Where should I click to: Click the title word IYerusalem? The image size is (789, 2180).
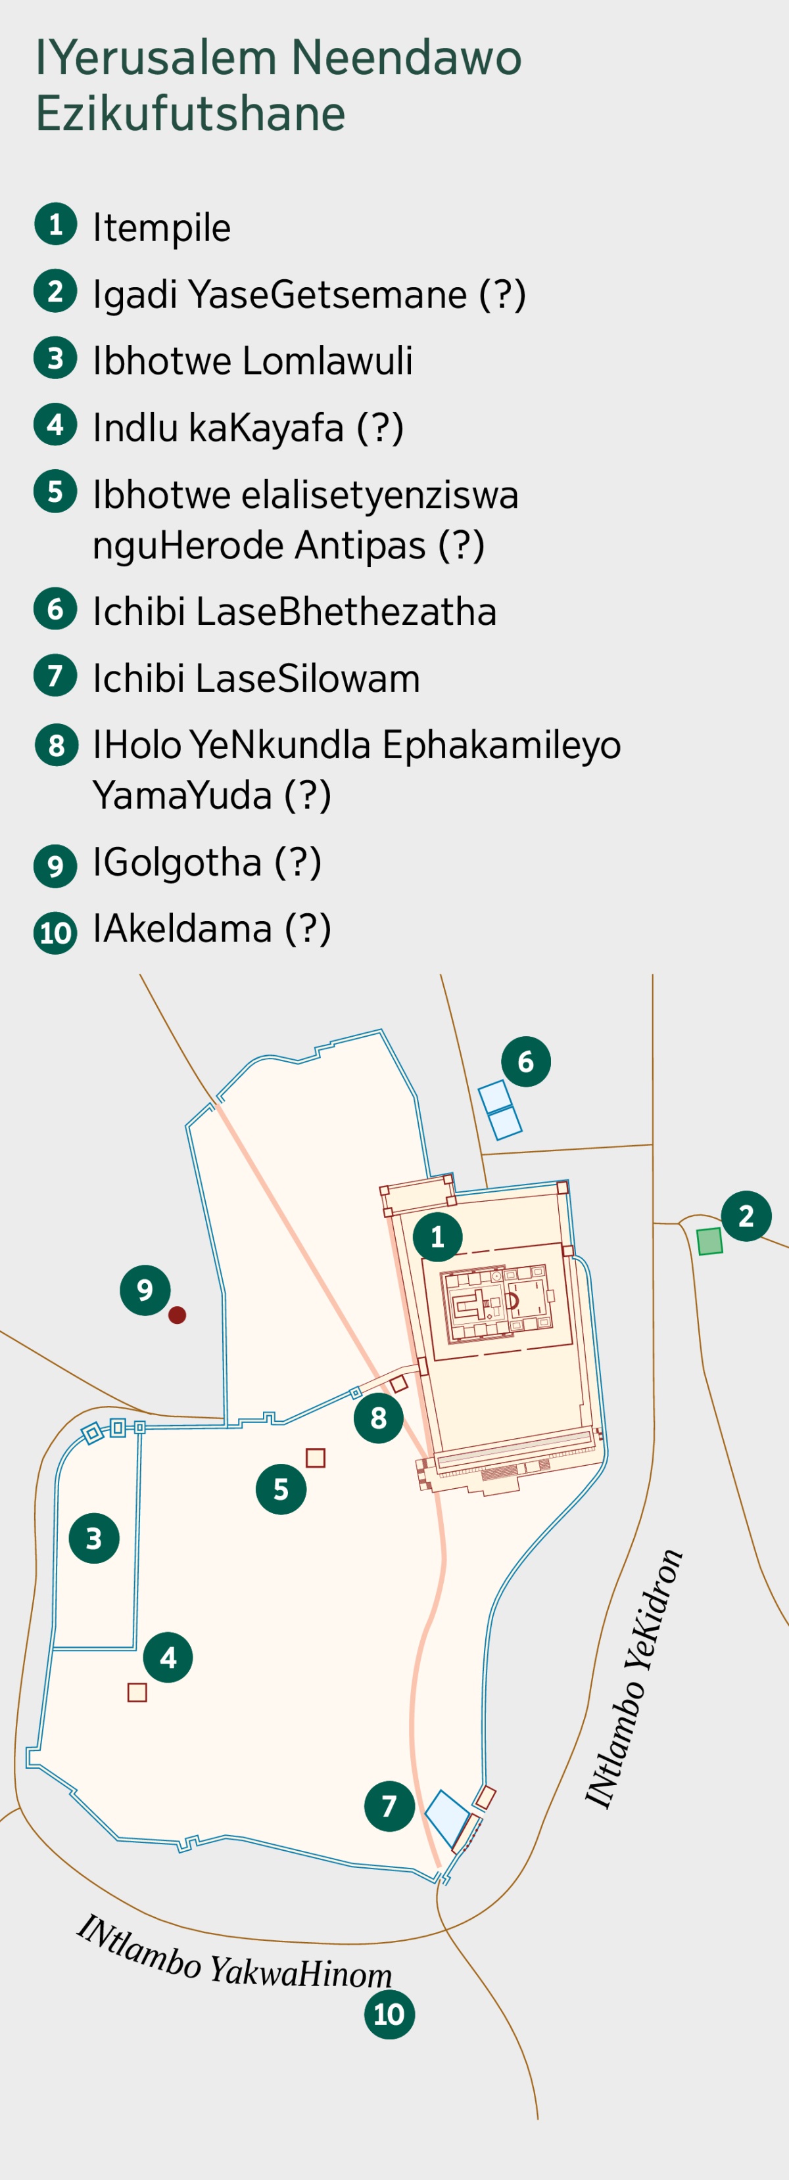156,58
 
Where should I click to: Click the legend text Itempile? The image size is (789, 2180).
162,227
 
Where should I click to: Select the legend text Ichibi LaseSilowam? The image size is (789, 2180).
256,679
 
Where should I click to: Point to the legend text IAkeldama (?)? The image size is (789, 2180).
212,929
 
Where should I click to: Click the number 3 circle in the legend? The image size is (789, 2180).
56,359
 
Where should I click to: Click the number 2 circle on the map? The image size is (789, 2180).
746,1216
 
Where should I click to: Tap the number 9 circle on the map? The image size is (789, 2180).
145,1290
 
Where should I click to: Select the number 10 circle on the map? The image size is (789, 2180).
389,2014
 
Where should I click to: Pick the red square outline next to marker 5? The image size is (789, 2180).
316,1457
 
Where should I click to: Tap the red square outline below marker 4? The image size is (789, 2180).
137,1692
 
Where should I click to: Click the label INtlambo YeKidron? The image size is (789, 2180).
635,1680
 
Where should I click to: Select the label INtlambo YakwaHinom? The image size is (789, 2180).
233,1957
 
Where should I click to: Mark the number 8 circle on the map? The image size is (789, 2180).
379,1417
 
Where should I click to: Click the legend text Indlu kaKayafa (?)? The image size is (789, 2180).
248,427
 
